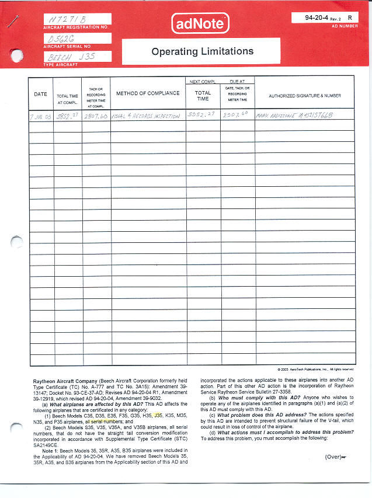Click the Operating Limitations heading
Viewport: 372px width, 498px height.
[x=202, y=51]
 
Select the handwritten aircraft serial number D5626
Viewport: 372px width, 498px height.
[x=63, y=39]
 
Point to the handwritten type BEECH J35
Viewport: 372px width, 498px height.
[x=69, y=57]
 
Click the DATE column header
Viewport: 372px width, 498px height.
[x=40, y=94]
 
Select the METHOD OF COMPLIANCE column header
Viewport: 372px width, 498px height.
[x=148, y=94]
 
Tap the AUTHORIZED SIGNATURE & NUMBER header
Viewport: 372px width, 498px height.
[x=304, y=95]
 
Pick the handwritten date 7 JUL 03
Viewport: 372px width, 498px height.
[x=41, y=116]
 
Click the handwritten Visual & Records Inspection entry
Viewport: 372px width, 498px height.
[x=145, y=116]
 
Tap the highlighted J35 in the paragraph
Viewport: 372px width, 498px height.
[x=158, y=416]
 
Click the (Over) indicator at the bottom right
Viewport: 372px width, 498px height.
[x=335, y=457]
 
